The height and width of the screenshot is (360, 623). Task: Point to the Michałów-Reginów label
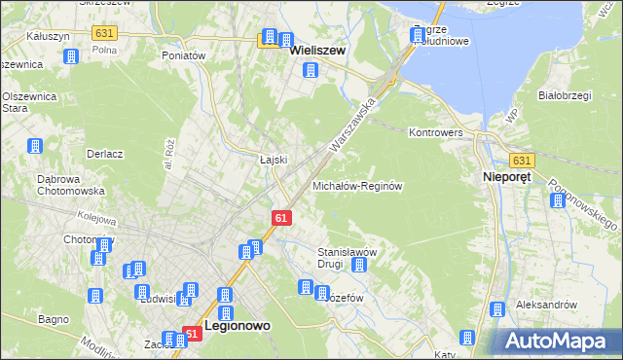coord(357,185)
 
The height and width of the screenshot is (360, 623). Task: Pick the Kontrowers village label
coord(440,131)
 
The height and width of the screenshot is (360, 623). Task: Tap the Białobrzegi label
coord(566,96)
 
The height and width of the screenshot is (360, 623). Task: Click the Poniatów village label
coord(184,55)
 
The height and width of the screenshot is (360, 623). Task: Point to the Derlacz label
coord(104,154)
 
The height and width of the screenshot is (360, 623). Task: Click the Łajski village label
coord(273,159)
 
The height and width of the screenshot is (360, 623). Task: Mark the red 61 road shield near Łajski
coord(280,219)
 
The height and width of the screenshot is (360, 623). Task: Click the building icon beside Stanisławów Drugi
coord(359,265)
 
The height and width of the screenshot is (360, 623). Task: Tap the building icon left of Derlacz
coord(35,147)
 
